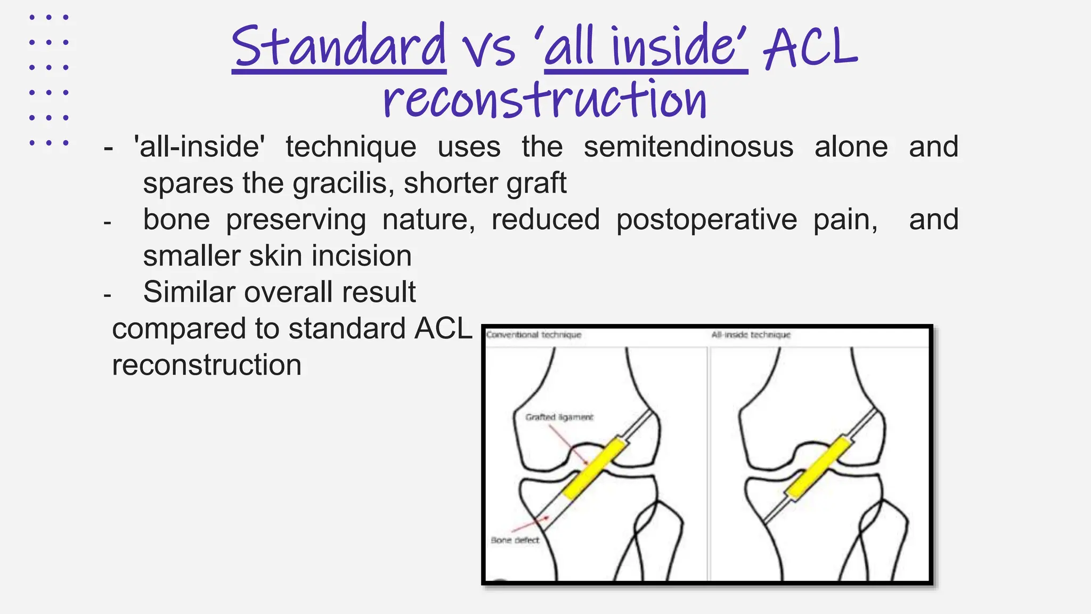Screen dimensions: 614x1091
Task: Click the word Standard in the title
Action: tap(339, 47)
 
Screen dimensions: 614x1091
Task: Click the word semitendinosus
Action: tap(688, 147)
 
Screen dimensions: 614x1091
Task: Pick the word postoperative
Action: tap(706, 220)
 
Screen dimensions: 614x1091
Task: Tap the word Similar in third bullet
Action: tap(190, 292)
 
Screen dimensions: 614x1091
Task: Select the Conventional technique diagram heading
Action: tap(533, 335)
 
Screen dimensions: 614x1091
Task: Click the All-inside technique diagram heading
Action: tap(751, 335)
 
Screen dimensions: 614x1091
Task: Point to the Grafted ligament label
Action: tap(559, 417)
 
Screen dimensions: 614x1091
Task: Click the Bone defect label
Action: tap(515, 540)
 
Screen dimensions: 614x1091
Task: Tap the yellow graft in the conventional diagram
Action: tap(594, 468)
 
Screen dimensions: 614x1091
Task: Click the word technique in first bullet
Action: tap(351, 147)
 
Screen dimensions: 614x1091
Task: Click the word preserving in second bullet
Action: tap(296, 220)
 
